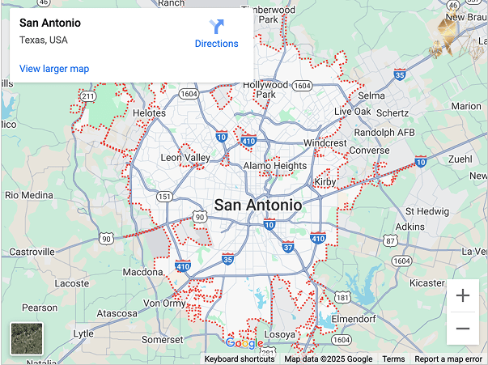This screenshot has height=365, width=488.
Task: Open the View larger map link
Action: pyautogui.click(x=54, y=69)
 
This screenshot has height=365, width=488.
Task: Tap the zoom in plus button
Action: pyautogui.click(x=463, y=295)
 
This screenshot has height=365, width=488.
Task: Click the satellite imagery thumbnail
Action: pyautogui.click(x=26, y=338)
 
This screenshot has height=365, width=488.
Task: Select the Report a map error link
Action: pyautogui.click(x=448, y=359)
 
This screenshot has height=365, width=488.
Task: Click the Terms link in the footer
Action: pyautogui.click(x=393, y=359)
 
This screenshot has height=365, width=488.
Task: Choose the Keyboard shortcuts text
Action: pyautogui.click(x=239, y=359)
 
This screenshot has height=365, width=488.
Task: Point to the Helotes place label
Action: pyautogui.click(x=149, y=113)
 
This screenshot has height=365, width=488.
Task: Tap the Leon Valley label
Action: pyautogui.click(x=185, y=158)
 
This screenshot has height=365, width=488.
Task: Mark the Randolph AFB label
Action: pyautogui.click(x=385, y=133)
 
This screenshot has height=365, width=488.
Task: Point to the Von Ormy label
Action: pyautogui.click(x=164, y=303)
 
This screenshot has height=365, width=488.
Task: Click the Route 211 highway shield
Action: pyautogui.click(x=88, y=97)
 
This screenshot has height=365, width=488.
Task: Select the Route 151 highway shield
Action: pyautogui.click(x=164, y=197)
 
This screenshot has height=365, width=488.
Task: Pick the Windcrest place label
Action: pyautogui.click(x=325, y=143)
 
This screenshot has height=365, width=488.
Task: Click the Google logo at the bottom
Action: pyautogui.click(x=244, y=343)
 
